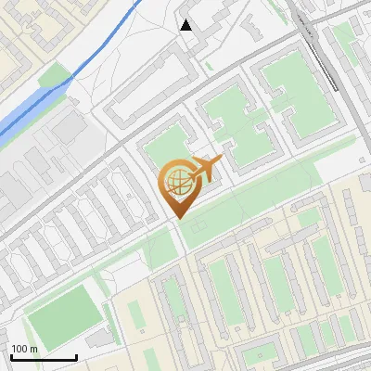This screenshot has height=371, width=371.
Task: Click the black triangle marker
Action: click(x=186, y=25)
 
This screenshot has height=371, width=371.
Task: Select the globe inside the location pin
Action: click(x=176, y=182)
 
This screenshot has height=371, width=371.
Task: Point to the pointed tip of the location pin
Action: click(x=177, y=217)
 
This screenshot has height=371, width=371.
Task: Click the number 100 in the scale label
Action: click(x=19, y=349)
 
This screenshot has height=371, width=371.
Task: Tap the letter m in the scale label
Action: click(x=34, y=349)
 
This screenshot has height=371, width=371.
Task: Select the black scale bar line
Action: click(x=44, y=357)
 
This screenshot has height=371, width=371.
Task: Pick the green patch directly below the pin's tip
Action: click(x=161, y=249)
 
